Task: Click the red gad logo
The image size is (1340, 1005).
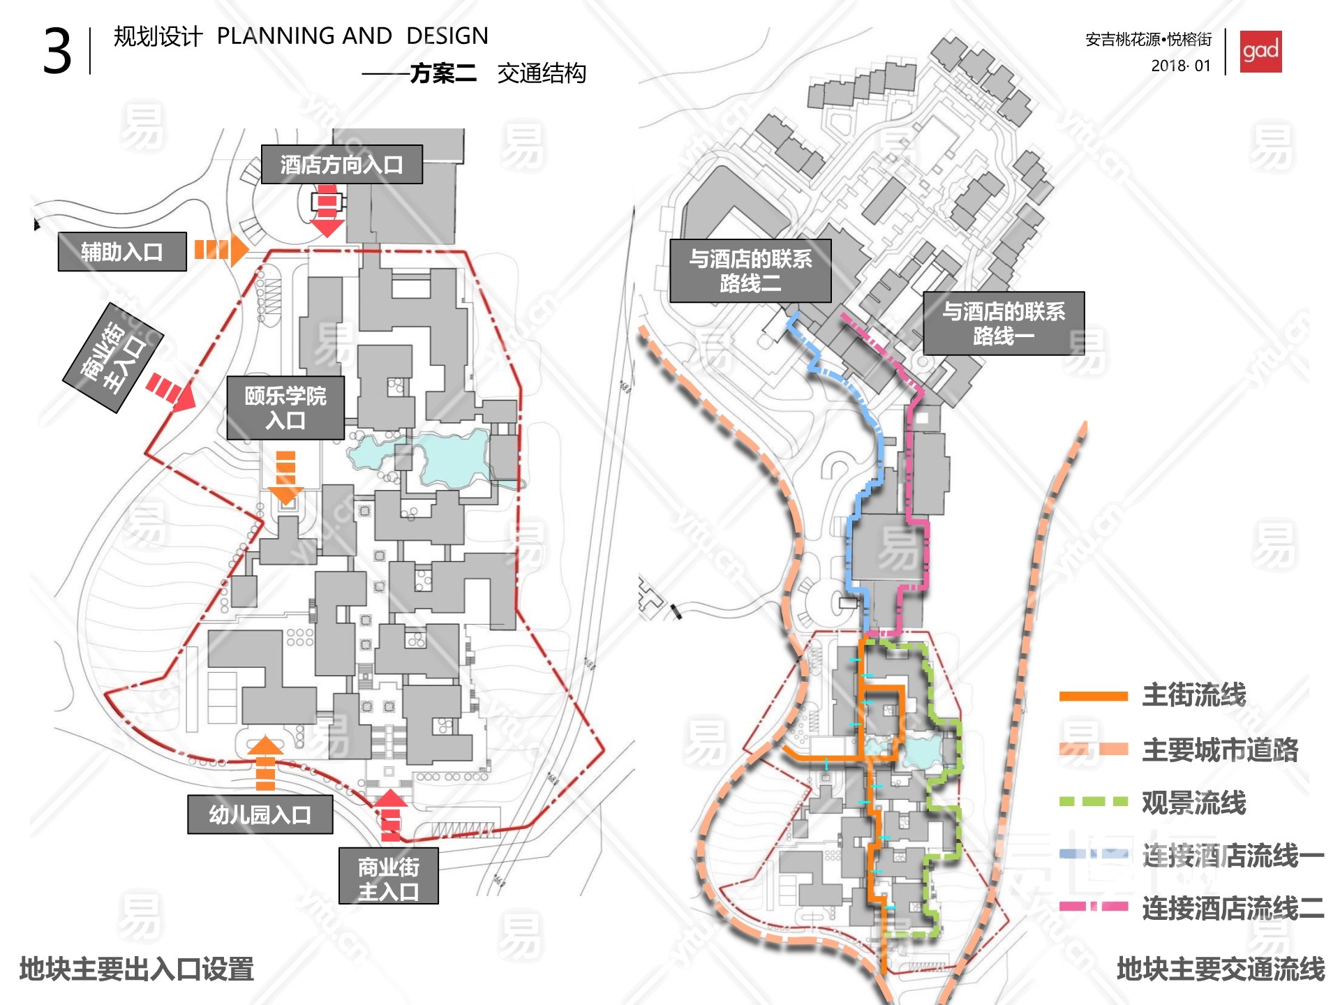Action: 1260,52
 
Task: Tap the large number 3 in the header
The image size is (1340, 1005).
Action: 57,52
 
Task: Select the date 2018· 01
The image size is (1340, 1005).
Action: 1181,66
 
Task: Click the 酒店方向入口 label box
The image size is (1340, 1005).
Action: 341,165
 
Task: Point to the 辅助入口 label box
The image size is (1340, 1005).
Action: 122,251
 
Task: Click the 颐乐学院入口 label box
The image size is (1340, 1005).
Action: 285,408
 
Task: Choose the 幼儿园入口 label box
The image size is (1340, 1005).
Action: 260,814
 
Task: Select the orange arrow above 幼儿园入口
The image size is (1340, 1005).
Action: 265,762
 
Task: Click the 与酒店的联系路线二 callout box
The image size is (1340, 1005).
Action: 750,271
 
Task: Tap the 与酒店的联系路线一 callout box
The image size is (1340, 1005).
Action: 1004,323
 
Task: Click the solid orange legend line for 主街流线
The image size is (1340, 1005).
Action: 1093,696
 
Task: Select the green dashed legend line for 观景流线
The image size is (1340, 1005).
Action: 1093,802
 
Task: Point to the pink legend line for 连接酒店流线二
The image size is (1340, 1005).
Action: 1093,907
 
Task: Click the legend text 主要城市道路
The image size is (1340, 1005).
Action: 1220,750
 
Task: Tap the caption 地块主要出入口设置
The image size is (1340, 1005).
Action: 137,969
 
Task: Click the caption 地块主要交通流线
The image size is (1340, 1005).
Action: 1221,969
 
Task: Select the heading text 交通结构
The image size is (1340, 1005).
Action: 542,73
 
